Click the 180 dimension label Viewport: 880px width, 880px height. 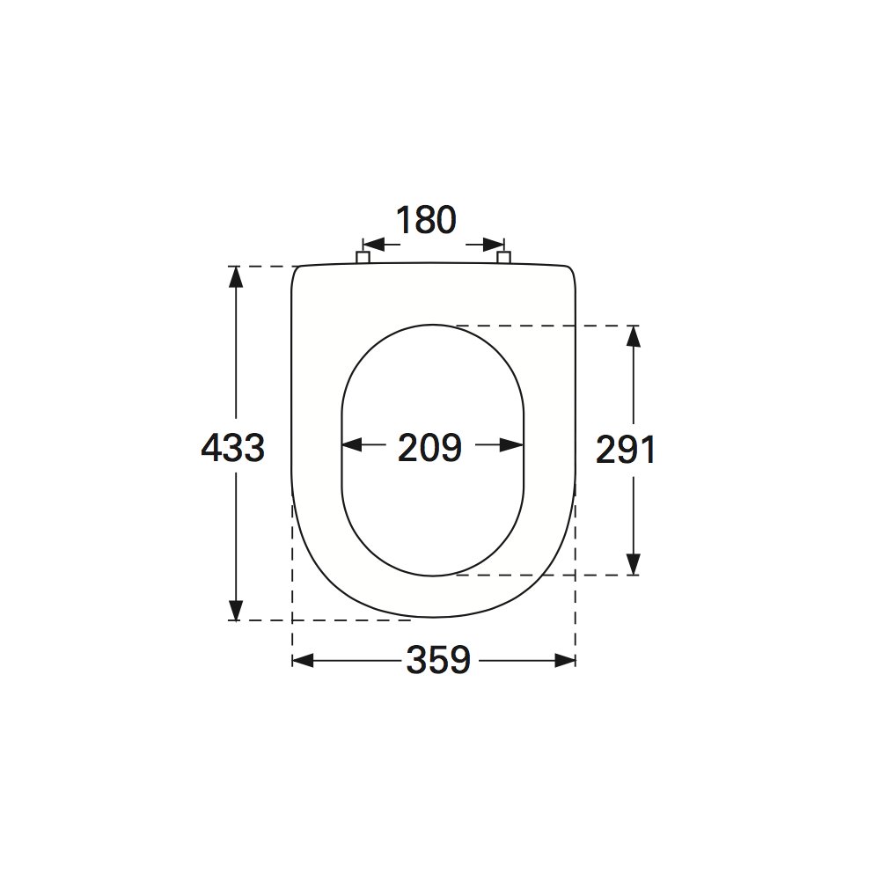tap(426, 220)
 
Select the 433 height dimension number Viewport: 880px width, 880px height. tap(233, 449)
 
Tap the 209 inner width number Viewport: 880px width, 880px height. tap(430, 448)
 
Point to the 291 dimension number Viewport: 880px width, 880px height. tap(625, 450)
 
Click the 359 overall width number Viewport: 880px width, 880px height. tap(438, 660)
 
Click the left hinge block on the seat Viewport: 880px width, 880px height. tap(363, 257)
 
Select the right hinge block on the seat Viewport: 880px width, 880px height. tap(504, 257)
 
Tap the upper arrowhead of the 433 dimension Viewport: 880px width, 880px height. tap(236, 277)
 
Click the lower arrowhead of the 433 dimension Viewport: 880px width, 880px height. tap(236, 610)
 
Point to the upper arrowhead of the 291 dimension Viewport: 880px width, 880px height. tap(633, 337)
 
